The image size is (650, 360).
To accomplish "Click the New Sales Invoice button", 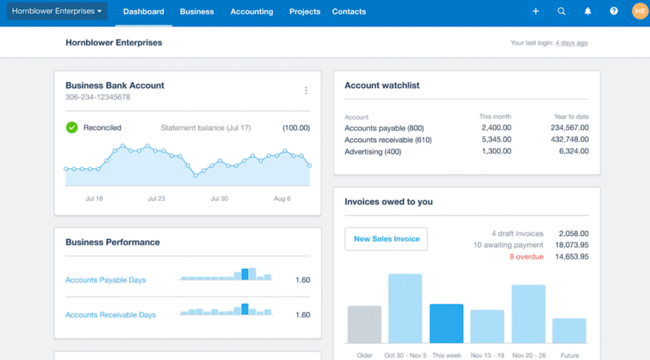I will [386, 239].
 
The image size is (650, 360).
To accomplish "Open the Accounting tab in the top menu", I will [252, 12].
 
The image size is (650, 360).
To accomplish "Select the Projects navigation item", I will [304, 12].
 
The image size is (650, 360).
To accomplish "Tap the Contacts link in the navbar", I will [349, 12].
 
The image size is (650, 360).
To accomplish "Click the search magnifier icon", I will [562, 11].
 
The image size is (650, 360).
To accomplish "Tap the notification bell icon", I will [588, 11].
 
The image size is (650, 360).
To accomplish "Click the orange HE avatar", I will [640, 11].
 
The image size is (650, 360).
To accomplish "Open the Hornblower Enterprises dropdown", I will [57, 11].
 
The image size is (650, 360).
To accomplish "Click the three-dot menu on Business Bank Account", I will [306, 91].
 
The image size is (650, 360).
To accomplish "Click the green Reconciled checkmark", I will [72, 127].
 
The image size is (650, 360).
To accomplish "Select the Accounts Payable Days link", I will [106, 280].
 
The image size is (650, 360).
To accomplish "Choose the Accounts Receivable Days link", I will [111, 315].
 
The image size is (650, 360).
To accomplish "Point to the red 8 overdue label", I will [526, 257].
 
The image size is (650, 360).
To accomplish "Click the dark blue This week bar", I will [446, 323].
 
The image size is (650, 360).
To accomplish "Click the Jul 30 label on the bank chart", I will [219, 199].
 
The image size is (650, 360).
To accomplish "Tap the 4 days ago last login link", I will [571, 43].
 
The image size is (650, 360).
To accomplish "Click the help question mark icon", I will [614, 11].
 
